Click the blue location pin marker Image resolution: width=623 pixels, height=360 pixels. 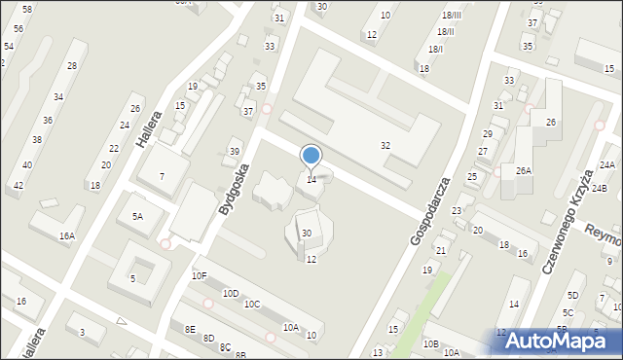pos(311,156)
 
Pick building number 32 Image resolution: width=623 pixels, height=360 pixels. pos(385,145)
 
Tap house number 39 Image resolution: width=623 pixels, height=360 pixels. pos(234,151)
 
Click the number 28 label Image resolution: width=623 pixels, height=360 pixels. pos(72,66)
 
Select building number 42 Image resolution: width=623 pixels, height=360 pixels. pos(18,185)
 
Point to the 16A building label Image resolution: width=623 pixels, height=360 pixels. pos(66,235)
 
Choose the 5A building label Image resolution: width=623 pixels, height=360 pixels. pos(138,216)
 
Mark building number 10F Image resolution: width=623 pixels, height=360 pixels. pos(199,276)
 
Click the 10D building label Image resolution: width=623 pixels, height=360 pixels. pos(231,293)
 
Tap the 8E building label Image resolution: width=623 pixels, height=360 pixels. pos(190,329)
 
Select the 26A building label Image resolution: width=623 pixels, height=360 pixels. pos(523,170)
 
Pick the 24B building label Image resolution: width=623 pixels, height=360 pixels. pos(600,188)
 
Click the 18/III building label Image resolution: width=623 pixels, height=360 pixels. pos(451,16)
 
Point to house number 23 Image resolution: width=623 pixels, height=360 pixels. pos(456,210)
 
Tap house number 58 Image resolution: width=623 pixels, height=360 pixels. pos(26,9)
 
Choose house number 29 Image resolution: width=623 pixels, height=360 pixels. pos(488,133)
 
